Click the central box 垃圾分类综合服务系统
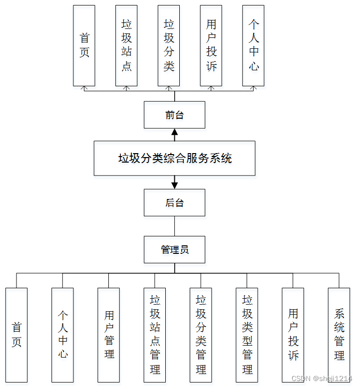(x=174, y=158)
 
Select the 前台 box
(x=174, y=115)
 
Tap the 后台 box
(x=174, y=202)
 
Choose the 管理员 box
(x=174, y=249)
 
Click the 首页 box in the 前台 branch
(x=84, y=45)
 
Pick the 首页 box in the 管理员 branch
(x=16, y=334)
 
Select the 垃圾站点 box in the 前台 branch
(x=126, y=45)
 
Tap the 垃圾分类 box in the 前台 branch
(x=169, y=45)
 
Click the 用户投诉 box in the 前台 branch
(x=211, y=45)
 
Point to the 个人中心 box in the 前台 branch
(x=253, y=45)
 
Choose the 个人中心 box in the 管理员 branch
(x=62, y=334)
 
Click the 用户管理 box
(x=109, y=334)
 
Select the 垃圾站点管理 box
(x=155, y=334)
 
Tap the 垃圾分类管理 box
(x=201, y=334)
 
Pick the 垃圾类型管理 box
(x=247, y=334)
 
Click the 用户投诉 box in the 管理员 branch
(x=293, y=334)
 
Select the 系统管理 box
(x=339, y=334)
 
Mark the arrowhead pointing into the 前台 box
(x=175, y=132)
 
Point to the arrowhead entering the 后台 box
(x=175, y=185)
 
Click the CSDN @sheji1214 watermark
(x=322, y=379)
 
